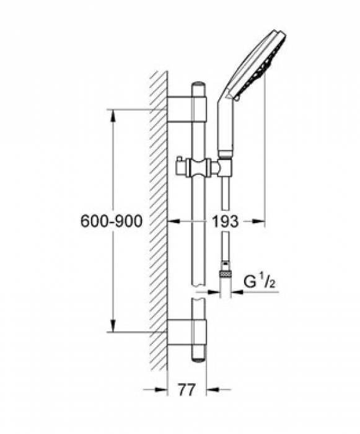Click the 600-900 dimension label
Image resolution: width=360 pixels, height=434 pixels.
coord(112,221)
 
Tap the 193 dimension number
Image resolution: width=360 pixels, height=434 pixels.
coord(225,221)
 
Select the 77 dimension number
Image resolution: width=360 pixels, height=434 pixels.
coord(187,390)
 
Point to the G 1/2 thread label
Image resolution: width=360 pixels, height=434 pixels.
coord(259,281)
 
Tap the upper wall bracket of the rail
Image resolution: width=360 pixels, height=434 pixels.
coord(187,109)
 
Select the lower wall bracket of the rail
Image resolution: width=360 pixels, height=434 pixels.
coord(187,332)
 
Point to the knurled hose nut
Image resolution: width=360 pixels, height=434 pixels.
coord(226,274)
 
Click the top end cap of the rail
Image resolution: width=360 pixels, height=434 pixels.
coord(199,84)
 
